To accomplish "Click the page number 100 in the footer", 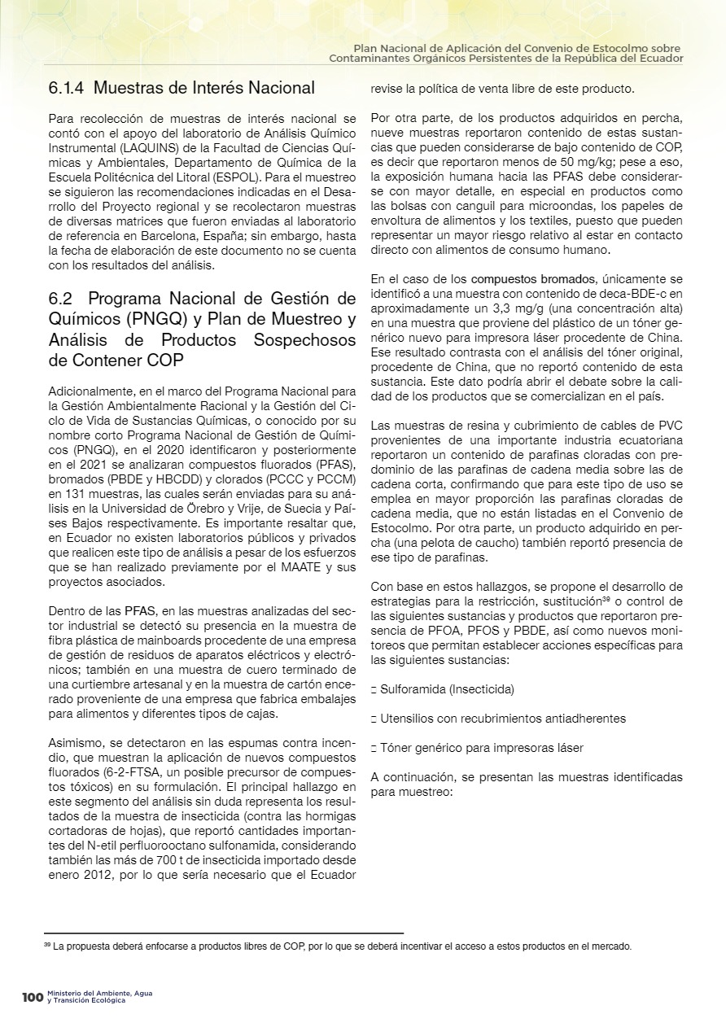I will coord(32,997).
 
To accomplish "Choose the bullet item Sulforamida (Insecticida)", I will coord(447,689).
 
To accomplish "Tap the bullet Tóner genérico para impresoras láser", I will coord(481,748).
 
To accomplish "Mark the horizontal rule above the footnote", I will coord(224,933).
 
